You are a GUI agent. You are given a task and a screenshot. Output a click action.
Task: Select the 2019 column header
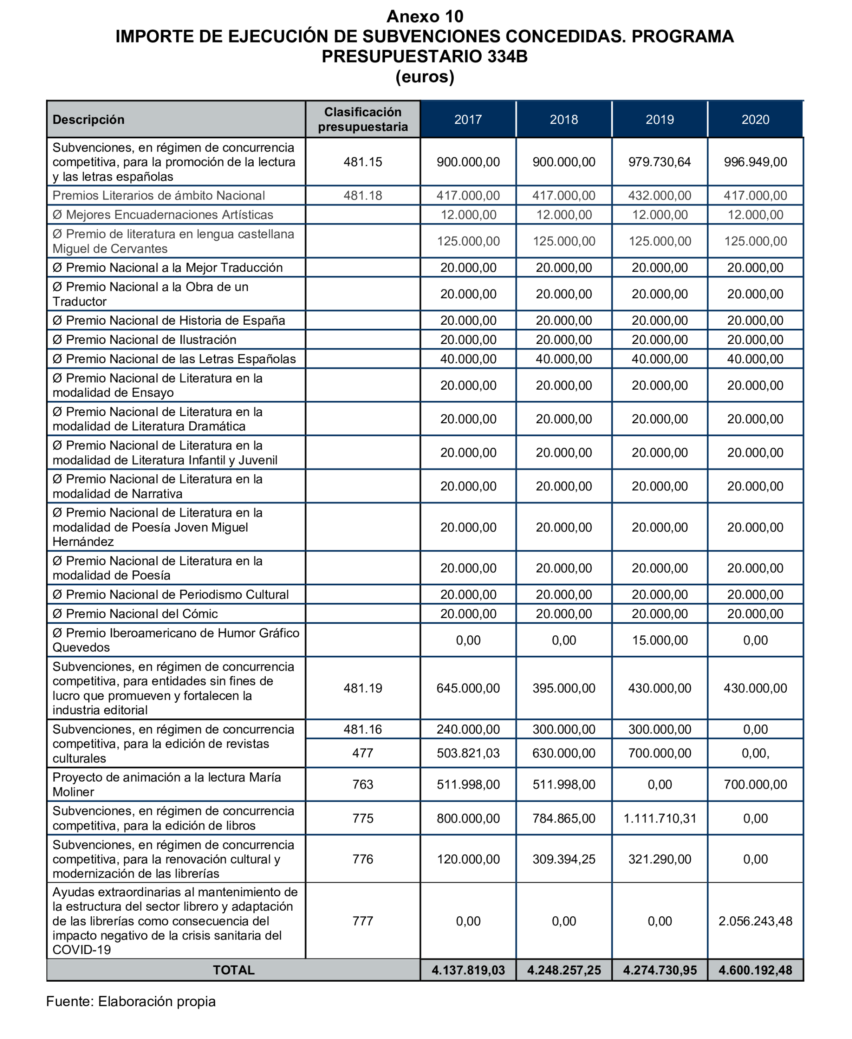tap(659, 119)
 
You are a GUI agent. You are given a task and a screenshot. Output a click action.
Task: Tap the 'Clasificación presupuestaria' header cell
tap(363, 119)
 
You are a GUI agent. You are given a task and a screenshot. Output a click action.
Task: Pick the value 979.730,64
tap(659, 162)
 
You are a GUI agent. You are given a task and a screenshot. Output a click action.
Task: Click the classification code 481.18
tap(363, 195)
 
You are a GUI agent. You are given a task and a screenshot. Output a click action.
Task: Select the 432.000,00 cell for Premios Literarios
tap(659, 195)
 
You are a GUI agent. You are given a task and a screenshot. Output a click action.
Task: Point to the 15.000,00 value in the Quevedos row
tap(659, 640)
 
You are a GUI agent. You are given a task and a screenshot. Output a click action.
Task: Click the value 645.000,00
tap(468, 688)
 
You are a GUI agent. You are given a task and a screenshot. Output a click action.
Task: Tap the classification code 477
tap(363, 753)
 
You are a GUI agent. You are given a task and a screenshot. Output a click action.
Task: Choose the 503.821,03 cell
tap(468, 753)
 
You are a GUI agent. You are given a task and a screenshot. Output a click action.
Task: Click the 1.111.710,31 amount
tap(659, 818)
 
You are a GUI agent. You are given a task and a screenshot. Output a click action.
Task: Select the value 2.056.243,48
tap(755, 921)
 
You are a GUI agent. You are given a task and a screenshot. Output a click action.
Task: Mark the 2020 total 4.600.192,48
tap(755, 970)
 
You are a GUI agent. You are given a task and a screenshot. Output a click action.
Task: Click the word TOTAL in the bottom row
tap(234, 970)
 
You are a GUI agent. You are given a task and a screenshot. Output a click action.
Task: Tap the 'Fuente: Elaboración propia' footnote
tap(131, 1001)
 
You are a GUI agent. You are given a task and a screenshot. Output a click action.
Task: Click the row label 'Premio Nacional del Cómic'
tap(135, 613)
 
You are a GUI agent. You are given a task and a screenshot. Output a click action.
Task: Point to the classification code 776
tap(363, 859)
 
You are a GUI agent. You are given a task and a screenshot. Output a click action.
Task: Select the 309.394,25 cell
tap(563, 859)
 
